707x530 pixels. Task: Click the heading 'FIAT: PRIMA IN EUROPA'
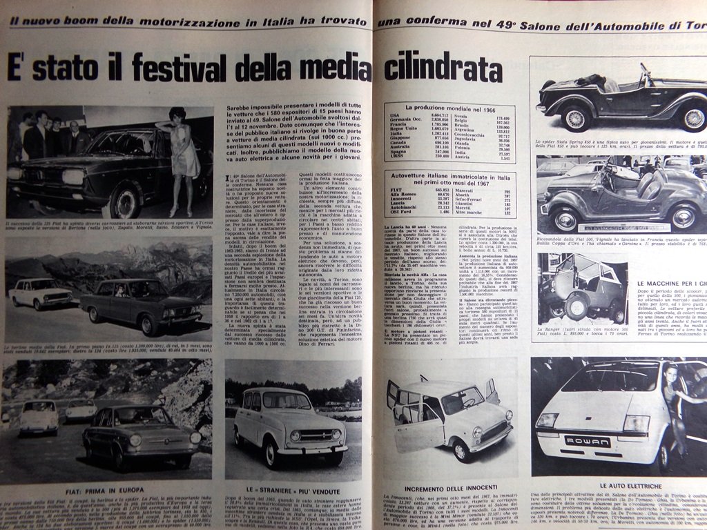point(104,491)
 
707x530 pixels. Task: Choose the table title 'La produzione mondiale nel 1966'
point(451,108)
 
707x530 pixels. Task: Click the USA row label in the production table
point(394,116)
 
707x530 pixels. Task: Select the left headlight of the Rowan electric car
point(546,420)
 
